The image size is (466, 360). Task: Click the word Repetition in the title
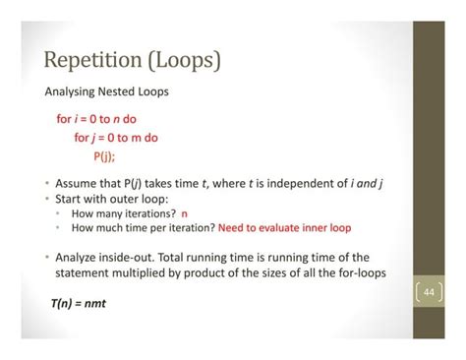click(89, 61)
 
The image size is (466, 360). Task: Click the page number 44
click(429, 292)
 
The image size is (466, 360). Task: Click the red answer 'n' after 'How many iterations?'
click(184, 213)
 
